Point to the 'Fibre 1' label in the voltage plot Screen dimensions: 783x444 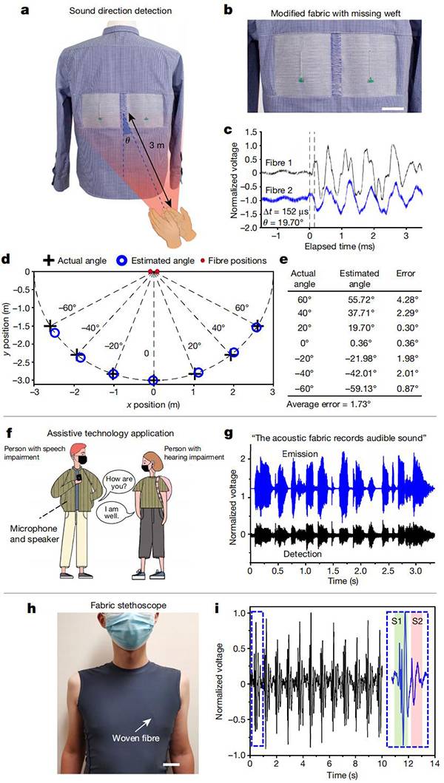tap(280, 161)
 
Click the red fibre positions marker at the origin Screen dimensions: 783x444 tap(153, 273)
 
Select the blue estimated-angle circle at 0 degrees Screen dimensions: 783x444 tap(153, 380)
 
